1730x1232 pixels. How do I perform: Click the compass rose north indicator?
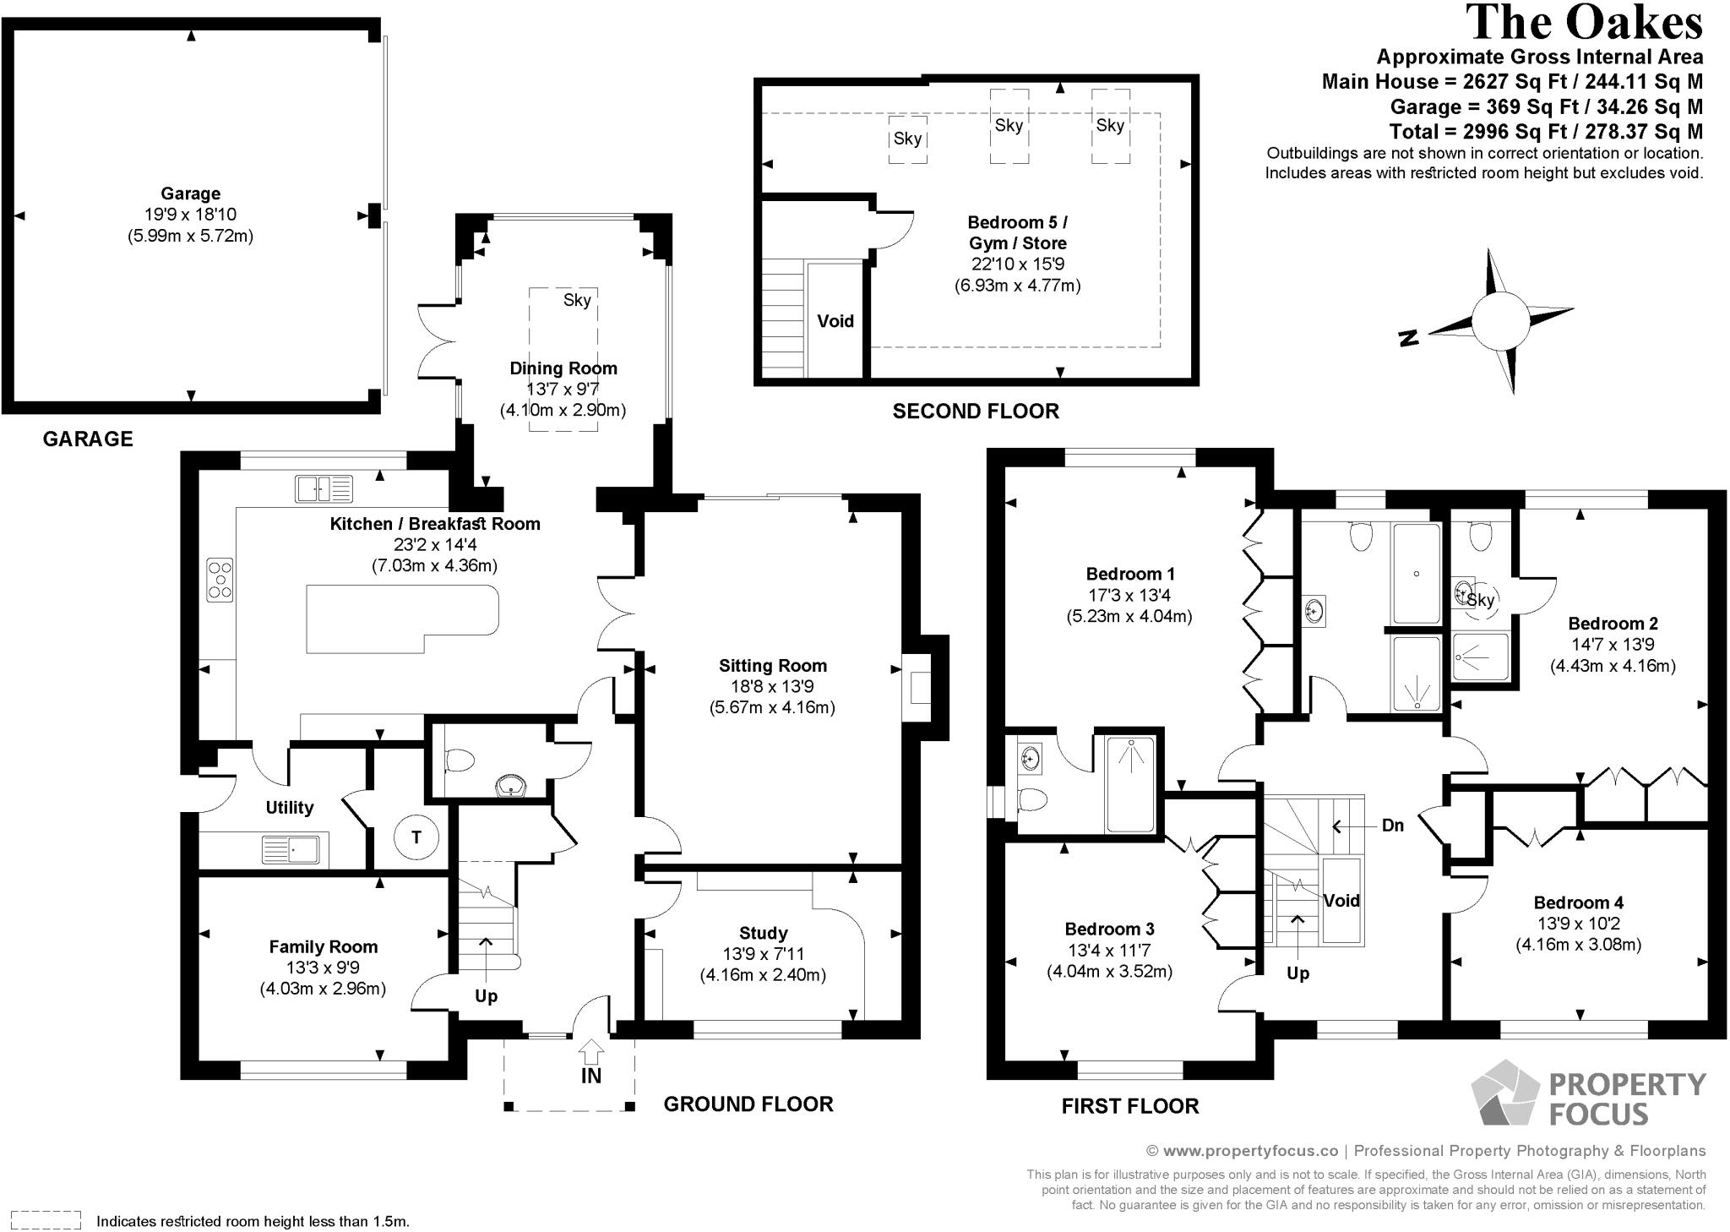click(x=1408, y=338)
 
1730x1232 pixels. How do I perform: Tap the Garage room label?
click(x=191, y=194)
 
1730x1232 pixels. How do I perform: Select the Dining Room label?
click(x=563, y=368)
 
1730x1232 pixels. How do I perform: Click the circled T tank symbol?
click(x=416, y=837)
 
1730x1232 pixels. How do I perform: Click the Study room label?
click(x=764, y=934)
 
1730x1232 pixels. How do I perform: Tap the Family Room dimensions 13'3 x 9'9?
click(x=324, y=968)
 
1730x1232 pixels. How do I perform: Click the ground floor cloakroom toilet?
click(x=460, y=760)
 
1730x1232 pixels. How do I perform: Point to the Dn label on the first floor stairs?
click(x=1393, y=826)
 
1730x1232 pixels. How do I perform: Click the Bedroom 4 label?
click(x=1579, y=903)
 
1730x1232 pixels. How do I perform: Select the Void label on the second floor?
click(x=835, y=321)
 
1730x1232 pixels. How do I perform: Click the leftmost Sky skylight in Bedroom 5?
click(x=908, y=139)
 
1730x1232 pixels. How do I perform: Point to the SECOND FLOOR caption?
click(x=976, y=412)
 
